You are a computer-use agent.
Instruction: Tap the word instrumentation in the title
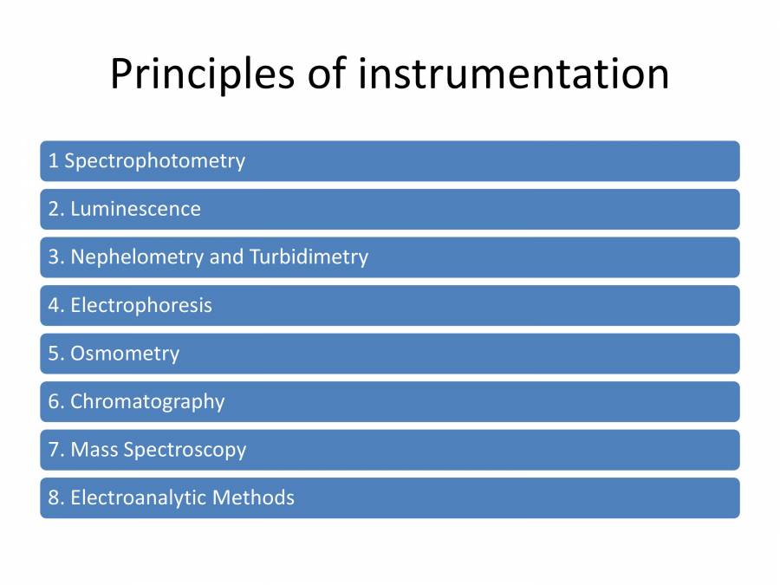point(513,75)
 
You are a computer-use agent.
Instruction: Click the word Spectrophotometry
point(154,161)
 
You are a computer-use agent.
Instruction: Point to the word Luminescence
point(135,209)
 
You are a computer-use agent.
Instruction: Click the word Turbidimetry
point(309,257)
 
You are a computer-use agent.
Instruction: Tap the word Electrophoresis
point(141,305)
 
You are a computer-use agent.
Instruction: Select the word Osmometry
point(125,354)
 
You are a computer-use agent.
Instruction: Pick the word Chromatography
point(147,401)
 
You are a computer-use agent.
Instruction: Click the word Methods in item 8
point(253,497)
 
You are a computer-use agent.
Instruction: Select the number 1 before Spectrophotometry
point(53,161)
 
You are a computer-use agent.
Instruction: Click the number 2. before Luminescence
point(55,209)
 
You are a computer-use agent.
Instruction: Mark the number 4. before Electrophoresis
point(55,305)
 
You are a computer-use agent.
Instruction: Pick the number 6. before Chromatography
point(55,401)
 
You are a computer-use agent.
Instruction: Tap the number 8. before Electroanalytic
point(55,497)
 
